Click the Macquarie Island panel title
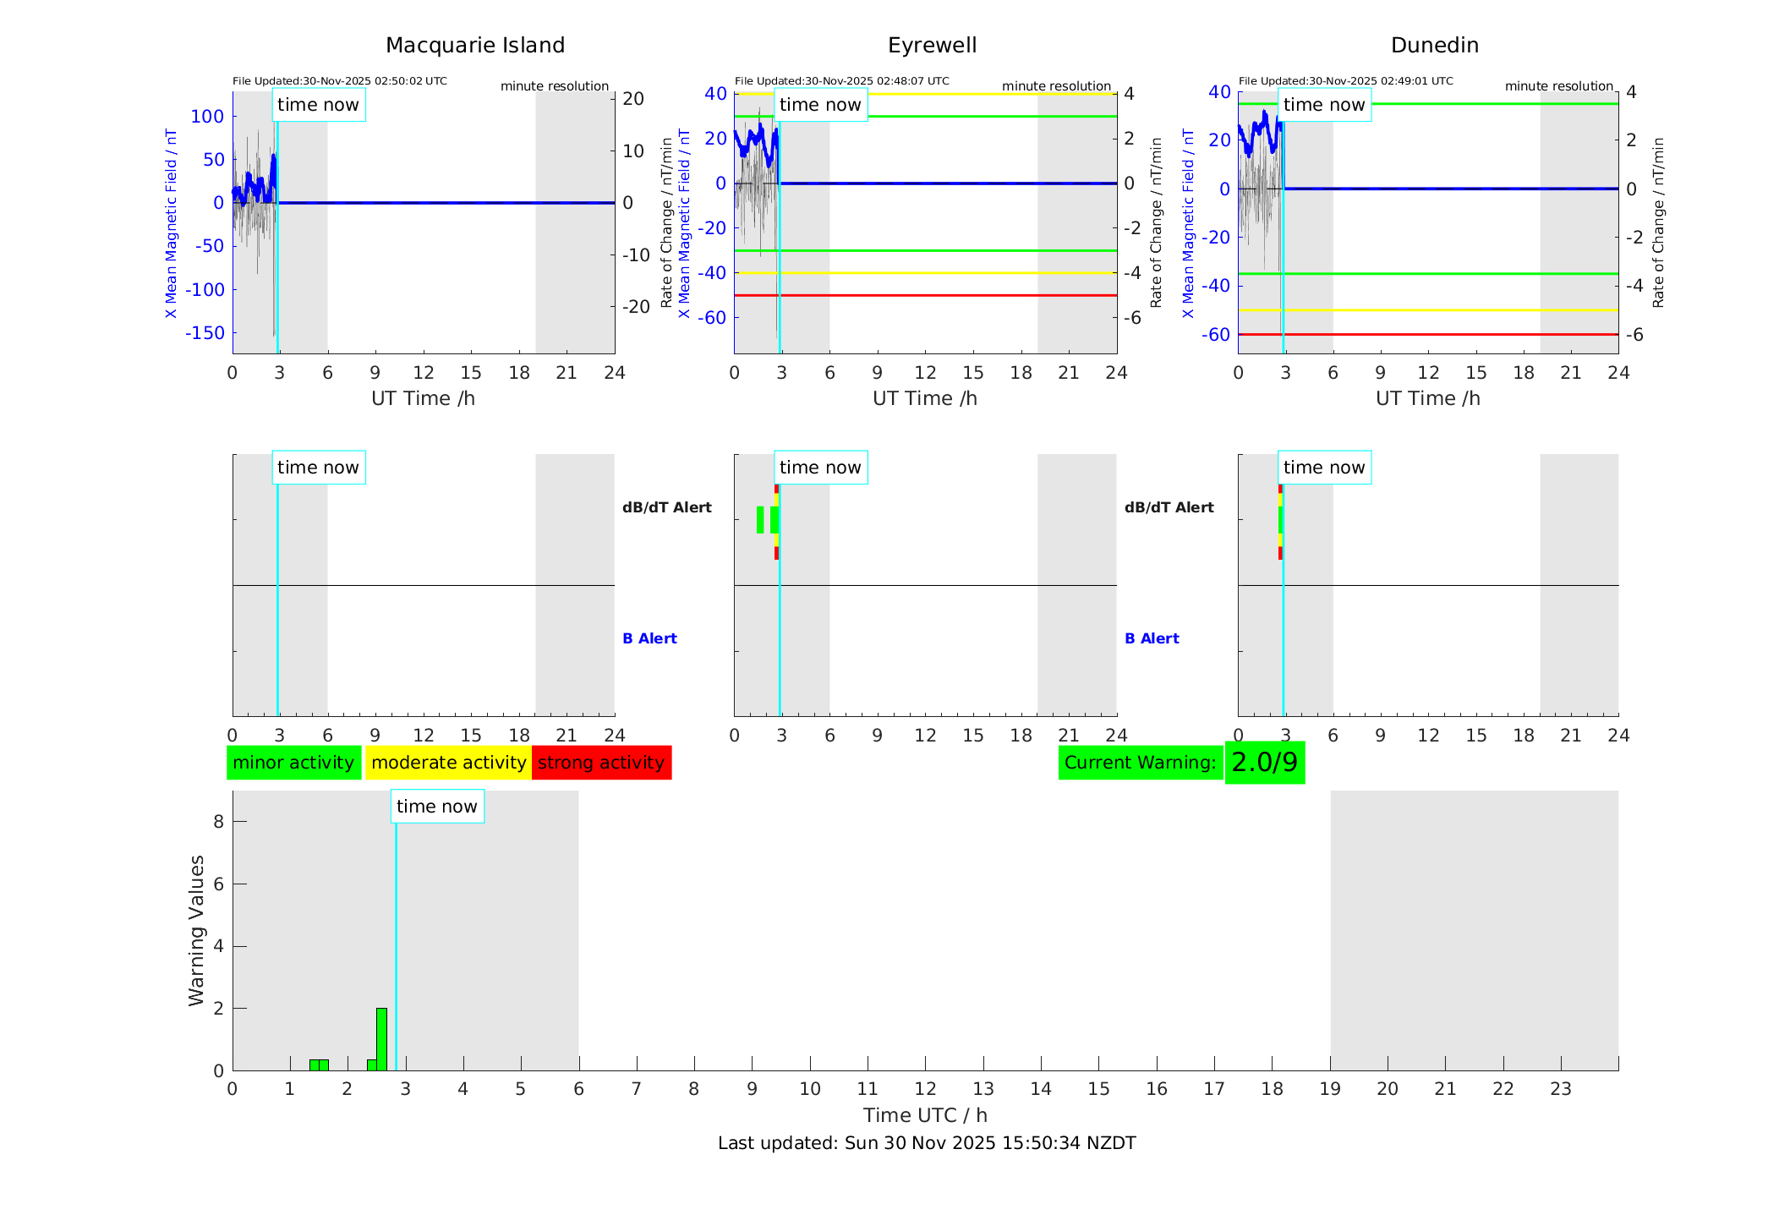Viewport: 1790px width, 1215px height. (475, 46)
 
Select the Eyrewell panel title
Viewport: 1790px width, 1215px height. (932, 46)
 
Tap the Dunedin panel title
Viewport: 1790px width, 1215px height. (1434, 46)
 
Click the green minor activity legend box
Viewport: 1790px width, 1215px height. (293, 763)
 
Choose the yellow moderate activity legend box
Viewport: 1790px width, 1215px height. (448, 763)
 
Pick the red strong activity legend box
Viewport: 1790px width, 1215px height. (601, 763)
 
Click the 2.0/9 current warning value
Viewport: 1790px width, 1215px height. (1264, 763)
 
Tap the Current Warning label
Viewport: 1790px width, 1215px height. (1140, 763)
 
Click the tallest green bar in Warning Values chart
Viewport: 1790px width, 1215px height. (381, 1038)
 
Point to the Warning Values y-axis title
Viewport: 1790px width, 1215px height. (197, 930)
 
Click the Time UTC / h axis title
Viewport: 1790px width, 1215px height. (925, 1115)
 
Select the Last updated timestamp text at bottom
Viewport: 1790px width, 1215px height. (927, 1143)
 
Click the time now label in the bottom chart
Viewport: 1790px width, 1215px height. (437, 807)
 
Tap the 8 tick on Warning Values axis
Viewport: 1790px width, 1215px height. (218, 822)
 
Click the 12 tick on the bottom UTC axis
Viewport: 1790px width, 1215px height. (925, 1089)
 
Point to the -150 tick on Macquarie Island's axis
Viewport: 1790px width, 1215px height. (205, 333)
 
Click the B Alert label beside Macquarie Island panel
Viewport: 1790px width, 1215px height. (649, 638)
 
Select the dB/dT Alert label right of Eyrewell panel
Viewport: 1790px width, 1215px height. (1169, 507)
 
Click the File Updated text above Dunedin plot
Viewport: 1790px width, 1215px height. (1345, 81)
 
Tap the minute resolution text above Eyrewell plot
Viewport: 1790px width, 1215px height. (1056, 86)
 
